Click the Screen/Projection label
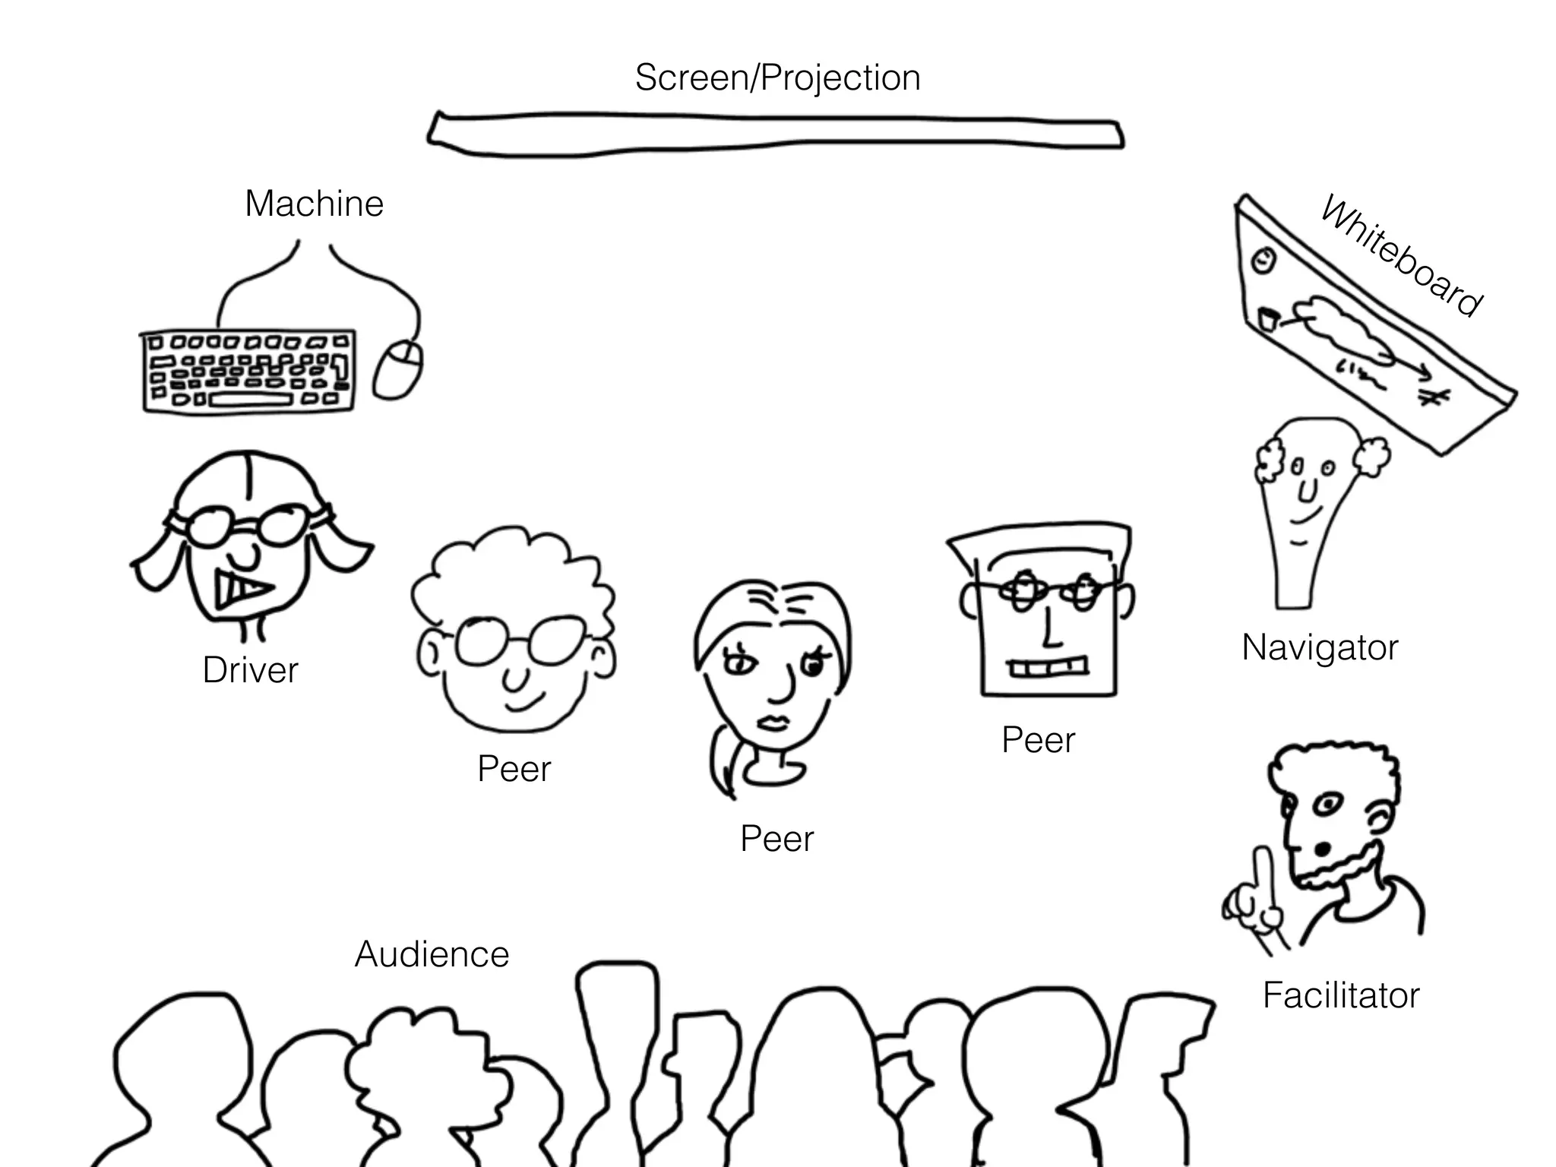click(777, 78)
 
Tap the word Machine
click(314, 204)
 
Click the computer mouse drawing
click(398, 369)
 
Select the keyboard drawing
click(248, 372)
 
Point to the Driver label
click(250, 670)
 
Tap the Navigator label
click(1320, 648)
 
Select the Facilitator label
click(1341, 995)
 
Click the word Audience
click(432, 954)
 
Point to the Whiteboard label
click(1400, 255)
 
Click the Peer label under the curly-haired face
click(514, 769)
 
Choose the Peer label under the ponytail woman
click(776, 839)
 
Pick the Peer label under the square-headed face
click(1038, 740)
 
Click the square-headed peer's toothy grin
click(1048, 668)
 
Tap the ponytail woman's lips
click(774, 722)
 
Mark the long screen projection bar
click(775, 135)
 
